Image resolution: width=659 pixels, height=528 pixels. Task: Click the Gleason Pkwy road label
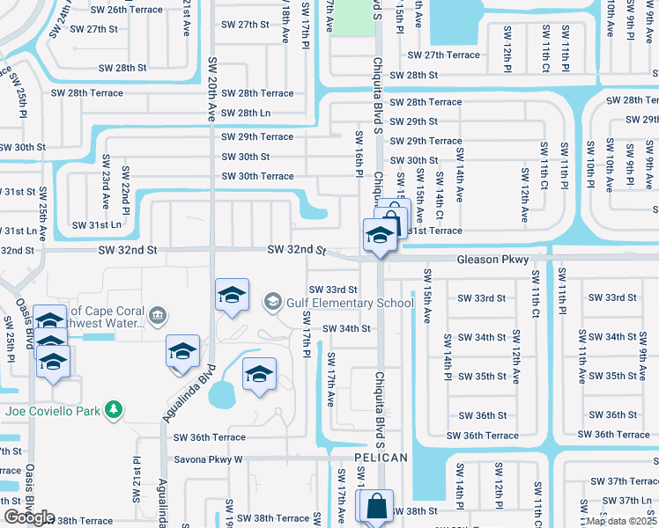pos(492,260)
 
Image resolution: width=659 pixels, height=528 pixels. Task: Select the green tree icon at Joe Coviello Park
pos(113,409)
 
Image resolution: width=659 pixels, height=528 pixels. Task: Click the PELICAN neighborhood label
pos(381,458)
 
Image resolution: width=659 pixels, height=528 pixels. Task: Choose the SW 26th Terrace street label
pos(128,10)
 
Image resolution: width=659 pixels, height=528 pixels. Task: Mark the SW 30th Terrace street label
pos(257,176)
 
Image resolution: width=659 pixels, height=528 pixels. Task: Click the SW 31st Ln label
pos(96,225)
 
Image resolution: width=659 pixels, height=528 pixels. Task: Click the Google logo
pos(29,517)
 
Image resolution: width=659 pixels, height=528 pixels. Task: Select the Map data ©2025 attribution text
pos(621,521)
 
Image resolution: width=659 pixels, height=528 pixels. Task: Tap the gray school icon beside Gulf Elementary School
pos(274,303)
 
